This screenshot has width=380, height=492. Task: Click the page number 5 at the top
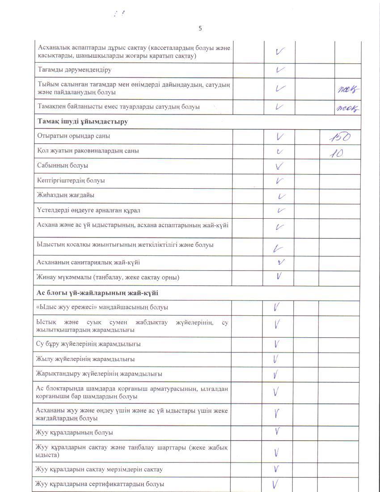200,28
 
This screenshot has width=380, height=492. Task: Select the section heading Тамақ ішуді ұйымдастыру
83,122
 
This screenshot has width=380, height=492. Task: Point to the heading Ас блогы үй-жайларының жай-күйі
97,293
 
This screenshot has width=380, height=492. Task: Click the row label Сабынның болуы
63,165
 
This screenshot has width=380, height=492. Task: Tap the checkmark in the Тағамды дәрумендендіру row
280,70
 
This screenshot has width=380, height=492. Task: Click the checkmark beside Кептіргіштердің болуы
280,181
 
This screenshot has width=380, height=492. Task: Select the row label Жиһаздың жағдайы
66,195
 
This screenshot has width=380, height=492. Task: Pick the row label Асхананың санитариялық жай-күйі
91,263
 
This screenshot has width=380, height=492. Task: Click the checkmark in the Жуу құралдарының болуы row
278,432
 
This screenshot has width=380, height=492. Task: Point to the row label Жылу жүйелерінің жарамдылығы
86,359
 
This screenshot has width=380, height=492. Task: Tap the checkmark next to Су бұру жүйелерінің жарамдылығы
277,344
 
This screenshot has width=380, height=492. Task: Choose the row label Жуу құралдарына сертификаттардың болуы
100,484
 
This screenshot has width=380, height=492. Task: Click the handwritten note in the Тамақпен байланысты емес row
349,107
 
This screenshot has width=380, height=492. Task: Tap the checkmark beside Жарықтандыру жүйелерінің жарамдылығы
277,374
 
